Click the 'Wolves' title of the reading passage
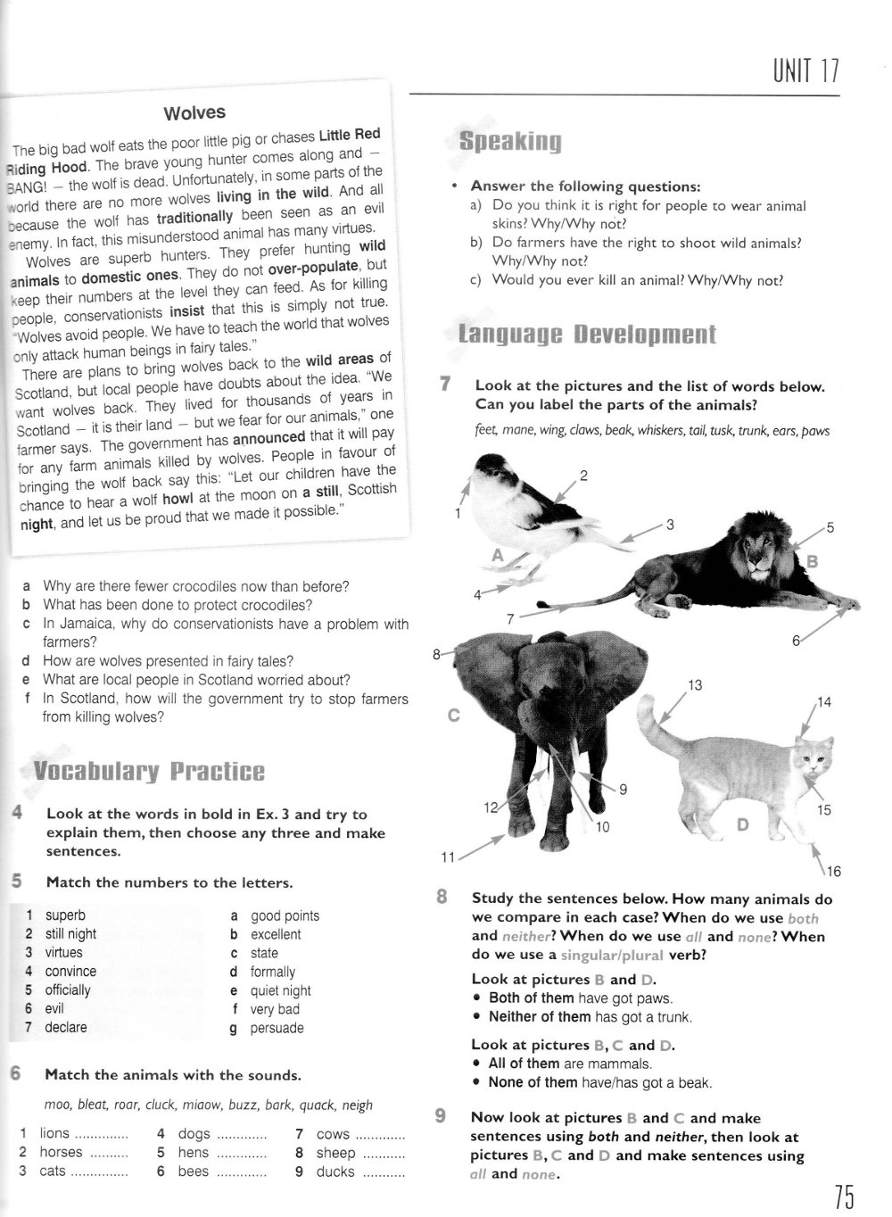(194, 113)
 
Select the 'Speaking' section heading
(509, 142)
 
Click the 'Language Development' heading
(586, 335)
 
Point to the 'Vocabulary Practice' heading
(148, 772)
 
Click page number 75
(845, 1195)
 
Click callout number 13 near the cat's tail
(695, 685)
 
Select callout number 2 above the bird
(584, 476)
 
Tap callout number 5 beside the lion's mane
(830, 527)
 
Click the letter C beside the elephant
(453, 715)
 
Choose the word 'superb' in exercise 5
(65, 915)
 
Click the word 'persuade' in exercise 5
(277, 1028)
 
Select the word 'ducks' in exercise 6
(335, 1171)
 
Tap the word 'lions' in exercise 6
(54, 1133)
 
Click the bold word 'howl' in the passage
(178, 499)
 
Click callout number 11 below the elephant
(449, 857)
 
